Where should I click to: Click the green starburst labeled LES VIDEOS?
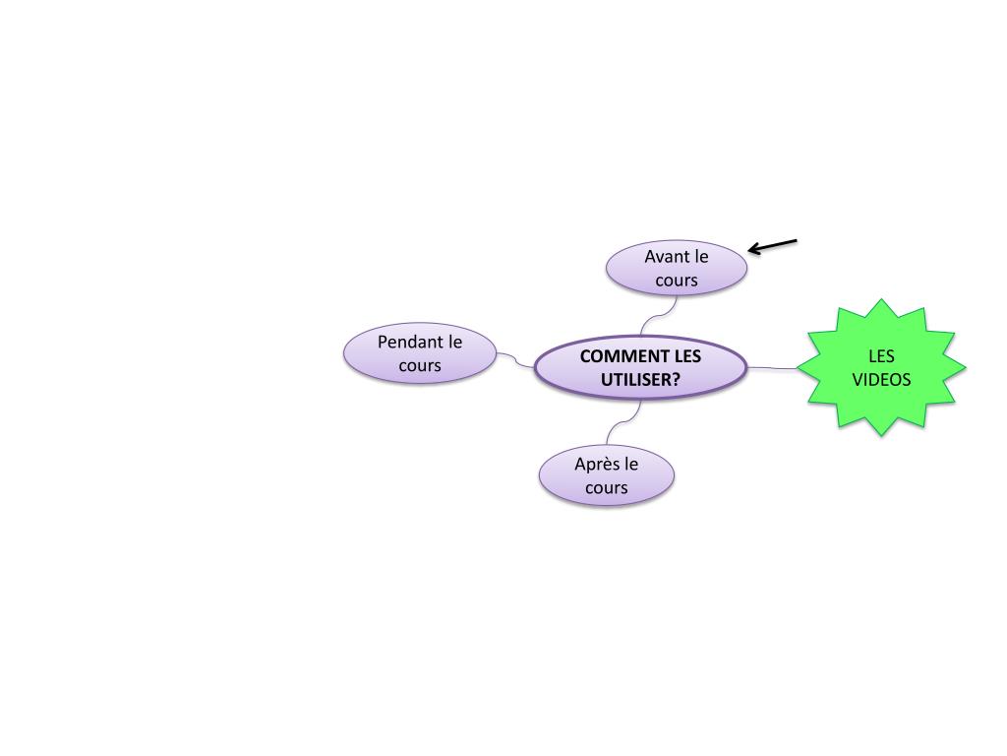pyautogui.click(x=880, y=367)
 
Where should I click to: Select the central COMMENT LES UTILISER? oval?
pyautogui.click(x=640, y=368)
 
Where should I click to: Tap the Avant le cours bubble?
pyautogui.click(x=676, y=268)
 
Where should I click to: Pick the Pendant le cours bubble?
pyautogui.click(x=420, y=353)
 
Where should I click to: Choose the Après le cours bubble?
pyautogui.click(x=606, y=475)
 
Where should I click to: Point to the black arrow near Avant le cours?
pyautogui.click(x=773, y=246)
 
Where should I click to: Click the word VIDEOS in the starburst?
pyautogui.click(x=881, y=379)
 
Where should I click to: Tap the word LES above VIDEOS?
pyautogui.click(x=881, y=356)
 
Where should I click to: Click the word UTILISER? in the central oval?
pyautogui.click(x=641, y=380)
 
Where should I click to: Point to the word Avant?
pyautogui.click(x=663, y=256)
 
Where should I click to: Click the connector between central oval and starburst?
pyautogui.click(x=773, y=369)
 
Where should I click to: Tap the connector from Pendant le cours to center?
pyautogui.click(x=515, y=360)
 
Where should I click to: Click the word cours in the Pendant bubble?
pyautogui.click(x=420, y=366)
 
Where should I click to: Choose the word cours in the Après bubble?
pyautogui.click(x=606, y=487)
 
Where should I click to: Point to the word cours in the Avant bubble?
pyautogui.click(x=676, y=280)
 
